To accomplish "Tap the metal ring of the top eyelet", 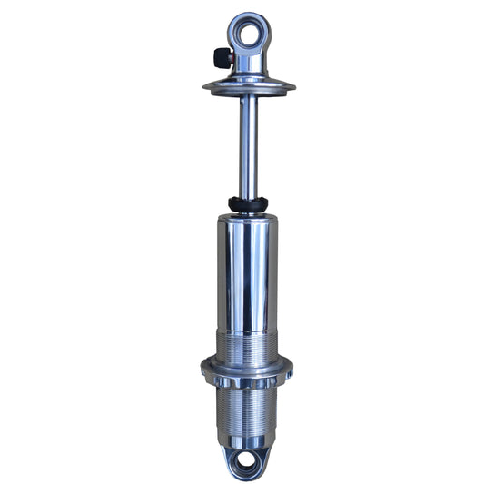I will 249,16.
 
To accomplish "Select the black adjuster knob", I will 221,58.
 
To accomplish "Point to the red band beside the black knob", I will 231,58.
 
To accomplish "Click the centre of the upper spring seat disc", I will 248,87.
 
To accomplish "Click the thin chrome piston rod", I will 248,145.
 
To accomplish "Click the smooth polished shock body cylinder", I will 248,272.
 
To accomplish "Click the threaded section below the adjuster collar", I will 248,409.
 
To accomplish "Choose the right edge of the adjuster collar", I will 290,370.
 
